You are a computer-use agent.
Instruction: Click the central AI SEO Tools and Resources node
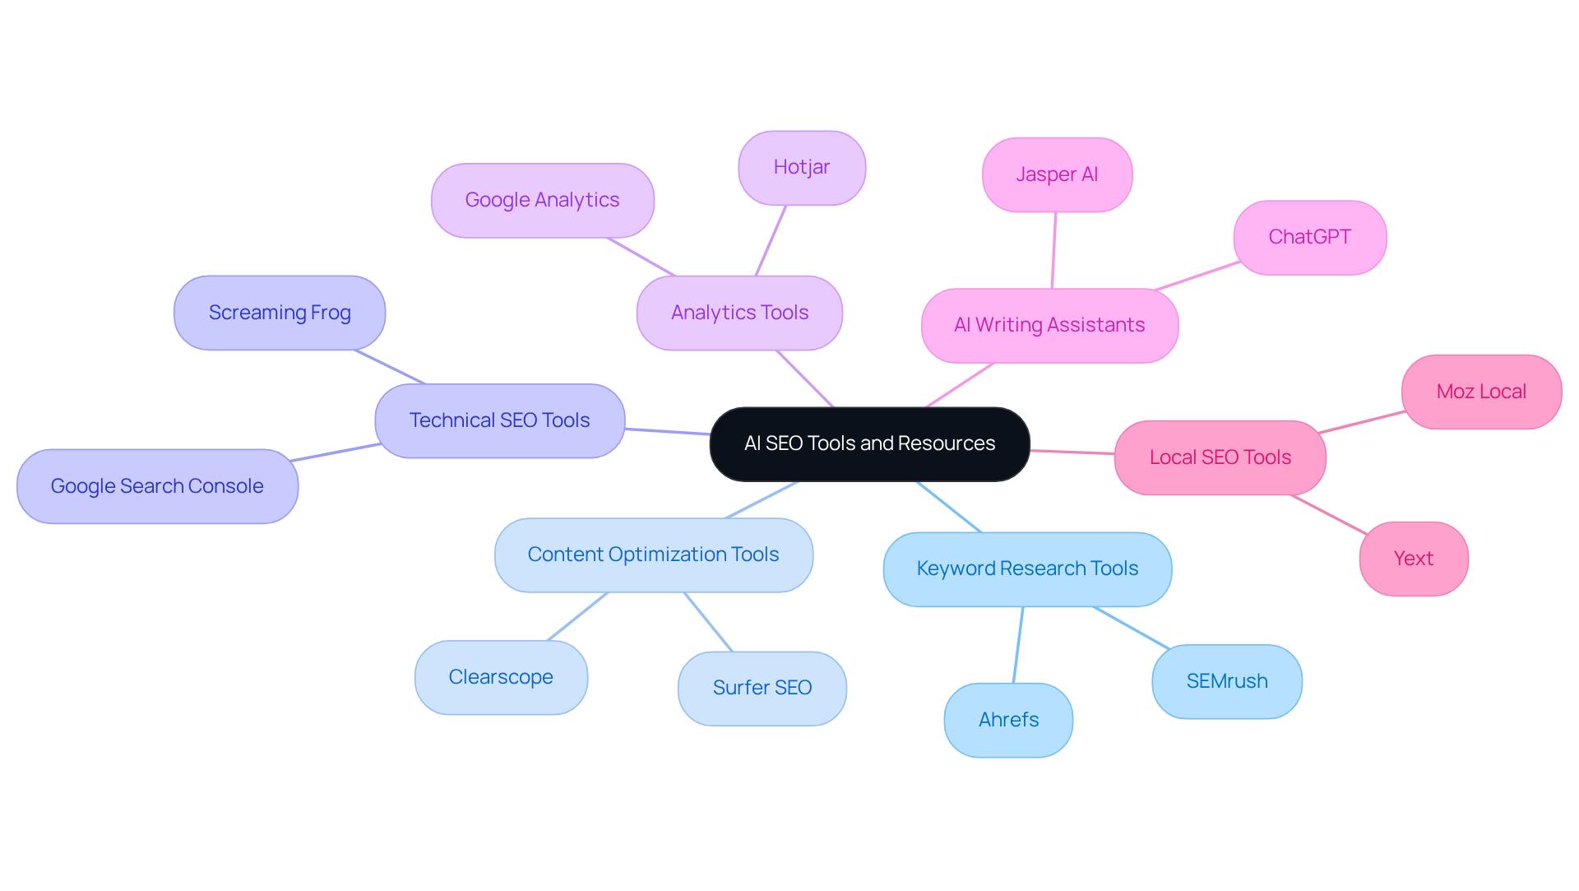[x=869, y=443]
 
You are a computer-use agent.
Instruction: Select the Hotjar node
[x=802, y=168]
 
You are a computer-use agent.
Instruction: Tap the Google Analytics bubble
[x=542, y=200]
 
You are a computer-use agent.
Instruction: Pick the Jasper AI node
[x=1057, y=174]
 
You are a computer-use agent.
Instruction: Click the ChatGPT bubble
[x=1309, y=237]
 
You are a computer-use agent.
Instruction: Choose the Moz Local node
[x=1481, y=392]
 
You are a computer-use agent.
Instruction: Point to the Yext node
[x=1413, y=559]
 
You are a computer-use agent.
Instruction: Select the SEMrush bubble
[x=1226, y=681]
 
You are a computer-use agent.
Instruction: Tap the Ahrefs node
[x=1008, y=720]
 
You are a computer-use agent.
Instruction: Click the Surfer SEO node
[x=762, y=688]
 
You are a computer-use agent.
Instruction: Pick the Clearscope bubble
[x=501, y=677]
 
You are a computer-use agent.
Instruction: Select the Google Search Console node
[x=157, y=486]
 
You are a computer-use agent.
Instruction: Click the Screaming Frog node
[x=280, y=313]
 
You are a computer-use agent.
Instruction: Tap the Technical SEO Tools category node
[x=499, y=420]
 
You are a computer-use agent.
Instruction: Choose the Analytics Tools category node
[x=739, y=313]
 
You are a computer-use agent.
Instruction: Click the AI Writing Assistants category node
[x=1049, y=325]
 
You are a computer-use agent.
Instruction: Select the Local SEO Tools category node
[x=1220, y=457]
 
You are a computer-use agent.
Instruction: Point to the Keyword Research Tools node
[x=1027, y=568]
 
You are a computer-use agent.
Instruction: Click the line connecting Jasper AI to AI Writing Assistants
[x=1053, y=251]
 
